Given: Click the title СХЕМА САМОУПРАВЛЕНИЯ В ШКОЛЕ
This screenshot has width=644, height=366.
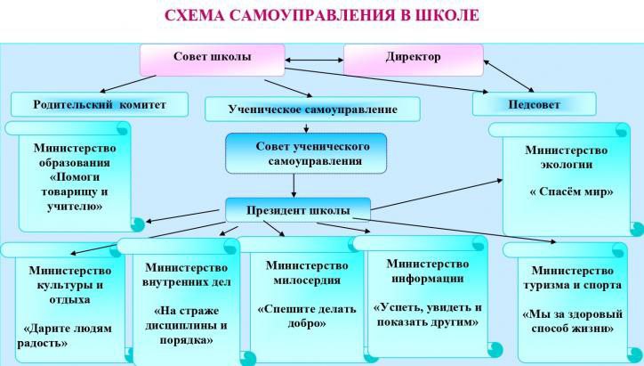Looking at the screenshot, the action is click(x=322, y=15).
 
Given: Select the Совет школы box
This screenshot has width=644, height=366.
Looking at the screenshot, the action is click(x=213, y=60).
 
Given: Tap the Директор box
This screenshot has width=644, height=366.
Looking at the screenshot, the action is click(x=414, y=60).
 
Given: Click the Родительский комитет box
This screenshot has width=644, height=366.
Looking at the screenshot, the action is click(x=100, y=104).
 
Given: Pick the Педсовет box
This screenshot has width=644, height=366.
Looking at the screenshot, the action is click(x=534, y=104).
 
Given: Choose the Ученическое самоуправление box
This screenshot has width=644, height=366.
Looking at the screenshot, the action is click(x=312, y=109).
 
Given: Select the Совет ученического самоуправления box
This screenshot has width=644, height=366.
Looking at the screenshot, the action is click(x=306, y=153).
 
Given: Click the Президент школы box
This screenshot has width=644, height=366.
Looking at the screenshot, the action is click(x=298, y=210).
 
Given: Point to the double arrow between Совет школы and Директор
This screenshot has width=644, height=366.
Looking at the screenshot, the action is click(x=314, y=60).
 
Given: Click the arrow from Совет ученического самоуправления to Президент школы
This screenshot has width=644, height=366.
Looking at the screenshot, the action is click(x=294, y=186).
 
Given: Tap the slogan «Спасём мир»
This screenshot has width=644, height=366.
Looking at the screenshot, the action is click(x=571, y=191).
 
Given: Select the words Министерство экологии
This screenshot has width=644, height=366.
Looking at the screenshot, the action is click(x=567, y=157).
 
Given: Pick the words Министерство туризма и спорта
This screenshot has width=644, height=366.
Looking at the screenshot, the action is click(x=573, y=278).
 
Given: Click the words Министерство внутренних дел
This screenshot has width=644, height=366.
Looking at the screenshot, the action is click(x=187, y=274).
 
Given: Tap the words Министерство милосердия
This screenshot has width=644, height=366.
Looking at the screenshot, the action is click(x=307, y=272).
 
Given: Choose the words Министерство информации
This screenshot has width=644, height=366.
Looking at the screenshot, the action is click(x=428, y=271).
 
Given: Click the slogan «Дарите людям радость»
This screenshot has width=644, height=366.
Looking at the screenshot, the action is click(x=65, y=336).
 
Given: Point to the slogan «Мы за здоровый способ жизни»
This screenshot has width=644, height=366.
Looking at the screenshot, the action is click(x=573, y=321).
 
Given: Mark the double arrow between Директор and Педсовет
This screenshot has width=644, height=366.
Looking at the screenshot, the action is click(x=509, y=76).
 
